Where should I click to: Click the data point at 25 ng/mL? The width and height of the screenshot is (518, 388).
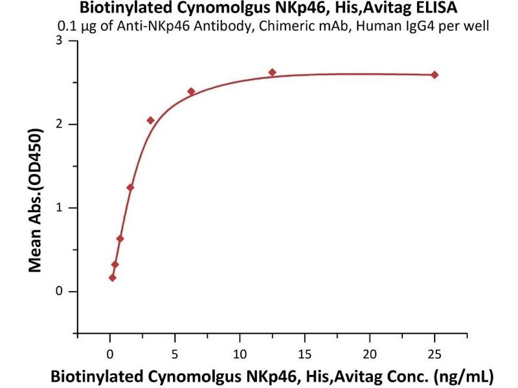tap(434, 75)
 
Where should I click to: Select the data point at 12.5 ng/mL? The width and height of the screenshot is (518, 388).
tap(272, 72)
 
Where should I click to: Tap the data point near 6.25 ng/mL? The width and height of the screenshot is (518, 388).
tap(191, 91)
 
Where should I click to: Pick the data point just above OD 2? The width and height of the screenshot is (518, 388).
tap(151, 120)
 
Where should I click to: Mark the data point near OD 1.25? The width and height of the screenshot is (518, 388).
tap(130, 188)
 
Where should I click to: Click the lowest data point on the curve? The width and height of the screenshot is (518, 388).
tap(113, 277)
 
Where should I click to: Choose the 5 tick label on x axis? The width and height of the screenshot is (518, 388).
tap(175, 354)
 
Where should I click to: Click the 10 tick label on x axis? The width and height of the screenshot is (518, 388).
tap(240, 354)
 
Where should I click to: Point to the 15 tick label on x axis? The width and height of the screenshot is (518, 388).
tap(305, 354)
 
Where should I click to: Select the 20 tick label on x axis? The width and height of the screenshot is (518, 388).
tap(370, 354)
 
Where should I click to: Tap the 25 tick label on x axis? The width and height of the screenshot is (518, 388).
tap(434, 354)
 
